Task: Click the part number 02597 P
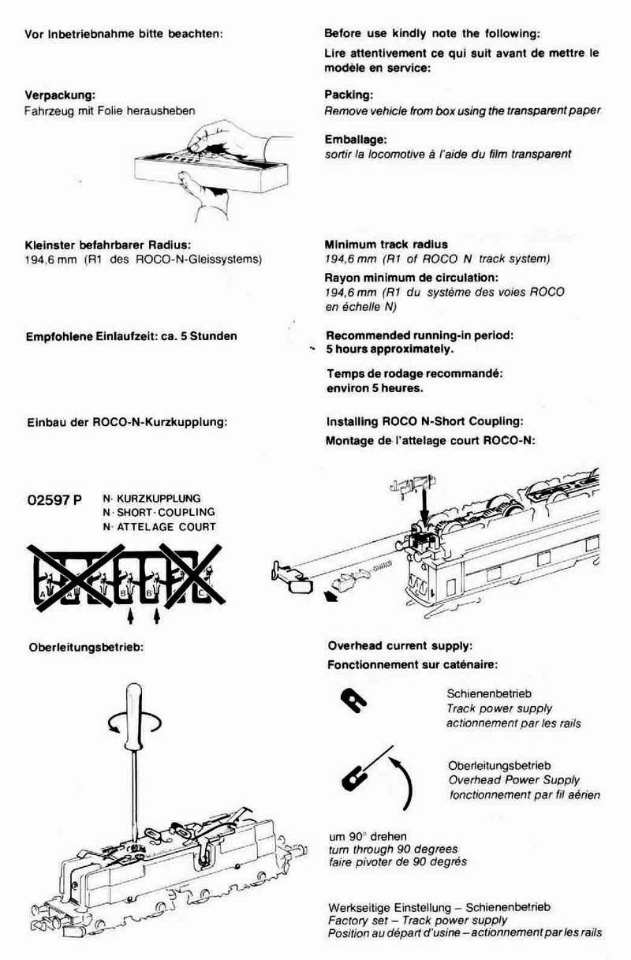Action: (54, 501)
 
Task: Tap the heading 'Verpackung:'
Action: (60, 95)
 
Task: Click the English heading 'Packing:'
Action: (348, 95)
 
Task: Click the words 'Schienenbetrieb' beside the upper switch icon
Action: (484, 694)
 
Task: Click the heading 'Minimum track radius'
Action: (386, 245)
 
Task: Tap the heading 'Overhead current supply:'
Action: (400, 646)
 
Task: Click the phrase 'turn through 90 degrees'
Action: (392, 849)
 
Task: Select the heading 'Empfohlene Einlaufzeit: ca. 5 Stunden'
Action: (131, 336)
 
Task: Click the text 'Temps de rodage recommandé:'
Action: (414, 372)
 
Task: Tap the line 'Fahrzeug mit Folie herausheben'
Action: (110, 111)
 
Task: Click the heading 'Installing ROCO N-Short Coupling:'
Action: (424, 422)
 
